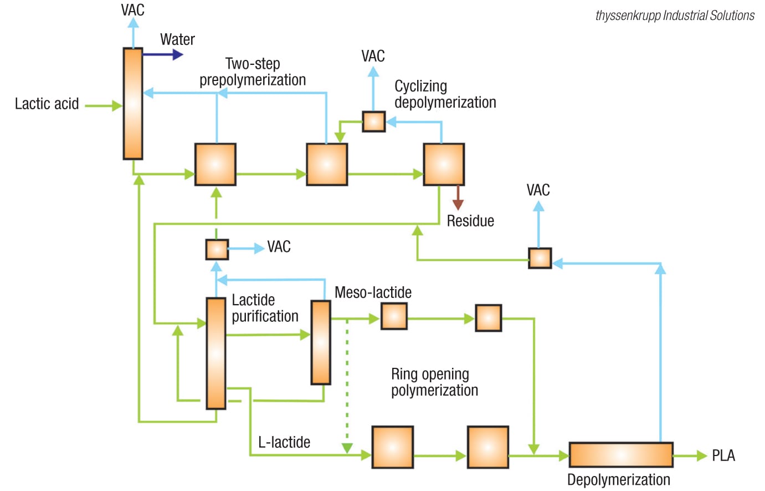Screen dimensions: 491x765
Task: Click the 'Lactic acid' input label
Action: pos(47,104)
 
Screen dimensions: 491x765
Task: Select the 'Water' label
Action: pos(177,39)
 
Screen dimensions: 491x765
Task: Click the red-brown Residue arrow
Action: pos(458,198)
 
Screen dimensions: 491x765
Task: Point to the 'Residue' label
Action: pos(470,221)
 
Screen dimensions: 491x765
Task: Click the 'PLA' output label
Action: pos(723,455)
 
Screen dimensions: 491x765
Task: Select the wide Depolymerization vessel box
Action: pos(620,455)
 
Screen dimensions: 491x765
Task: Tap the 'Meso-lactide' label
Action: pos(373,292)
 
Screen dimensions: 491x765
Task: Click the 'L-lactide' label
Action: pos(284,442)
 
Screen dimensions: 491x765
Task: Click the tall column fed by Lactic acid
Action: pos(133,104)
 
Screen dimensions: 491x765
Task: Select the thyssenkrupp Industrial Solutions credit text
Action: pos(674,16)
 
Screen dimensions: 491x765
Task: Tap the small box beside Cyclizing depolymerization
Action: pos(373,122)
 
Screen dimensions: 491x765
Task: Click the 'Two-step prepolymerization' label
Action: pos(253,72)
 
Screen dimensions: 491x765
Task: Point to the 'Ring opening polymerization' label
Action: pos(434,382)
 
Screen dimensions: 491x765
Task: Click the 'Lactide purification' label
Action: pos(265,308)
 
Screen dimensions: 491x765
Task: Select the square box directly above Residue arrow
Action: pos(444,164)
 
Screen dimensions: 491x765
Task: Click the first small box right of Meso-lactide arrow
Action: pos(394,317)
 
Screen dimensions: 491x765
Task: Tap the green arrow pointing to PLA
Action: pos(690,455)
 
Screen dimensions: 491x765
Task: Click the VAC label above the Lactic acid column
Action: pos(133,9)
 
